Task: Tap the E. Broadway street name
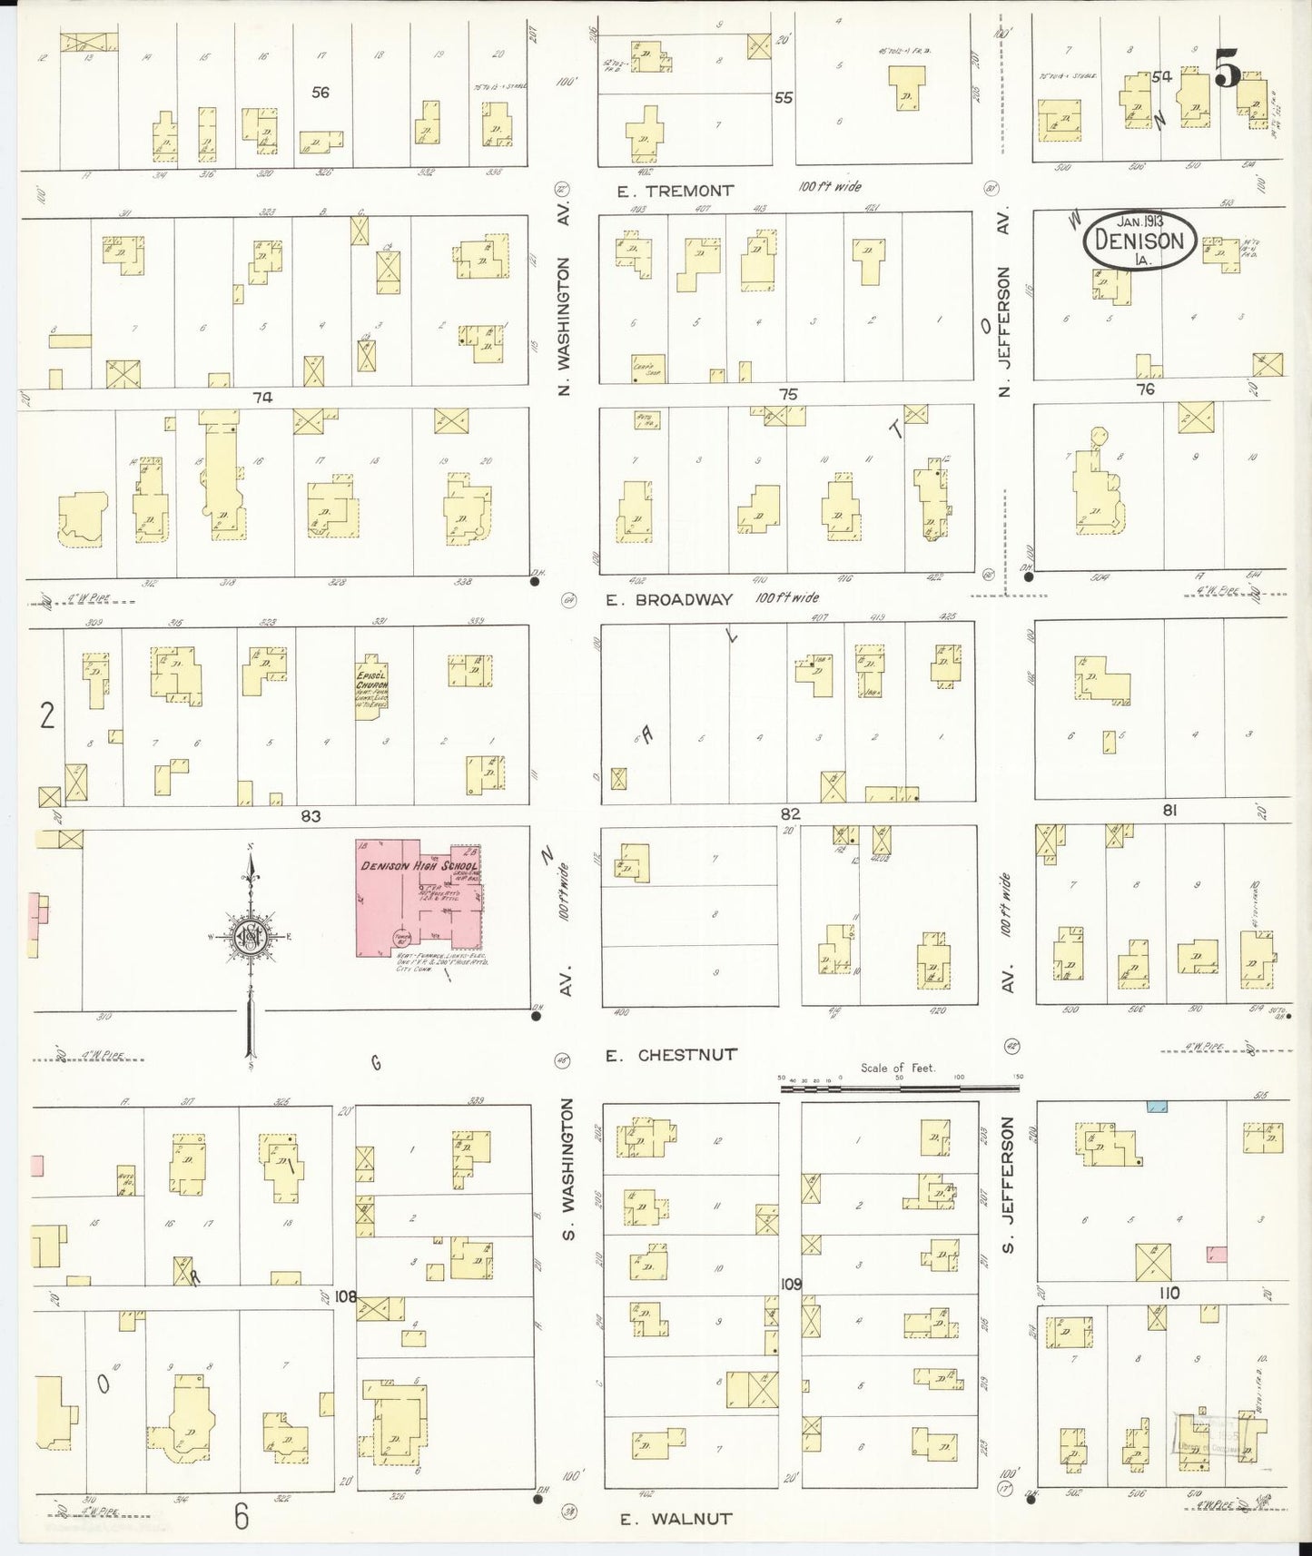click(x=669, y=599)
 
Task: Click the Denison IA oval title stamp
click(x=1139, y=240)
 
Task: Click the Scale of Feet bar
click(x=899, y=1084)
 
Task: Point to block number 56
click(x=320, y=92)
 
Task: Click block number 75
click(x=787, y=394)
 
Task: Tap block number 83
click(x=311, y=816)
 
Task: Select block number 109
click(x=791, y=1285)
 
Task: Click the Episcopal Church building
click(x=370, y=686)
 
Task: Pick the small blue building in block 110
click(x=1157, y=1107)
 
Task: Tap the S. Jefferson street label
click(x=1007, y=1185)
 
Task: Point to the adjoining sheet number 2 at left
click(x=46, y=716)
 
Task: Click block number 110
click(x=1168, y=1293)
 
